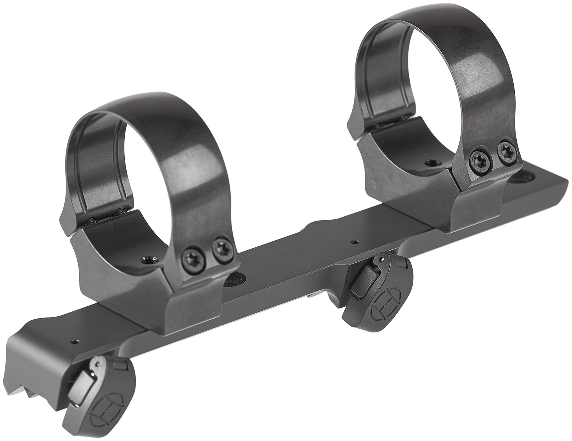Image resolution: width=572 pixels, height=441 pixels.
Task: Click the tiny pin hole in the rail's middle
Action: pos(355,241)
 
